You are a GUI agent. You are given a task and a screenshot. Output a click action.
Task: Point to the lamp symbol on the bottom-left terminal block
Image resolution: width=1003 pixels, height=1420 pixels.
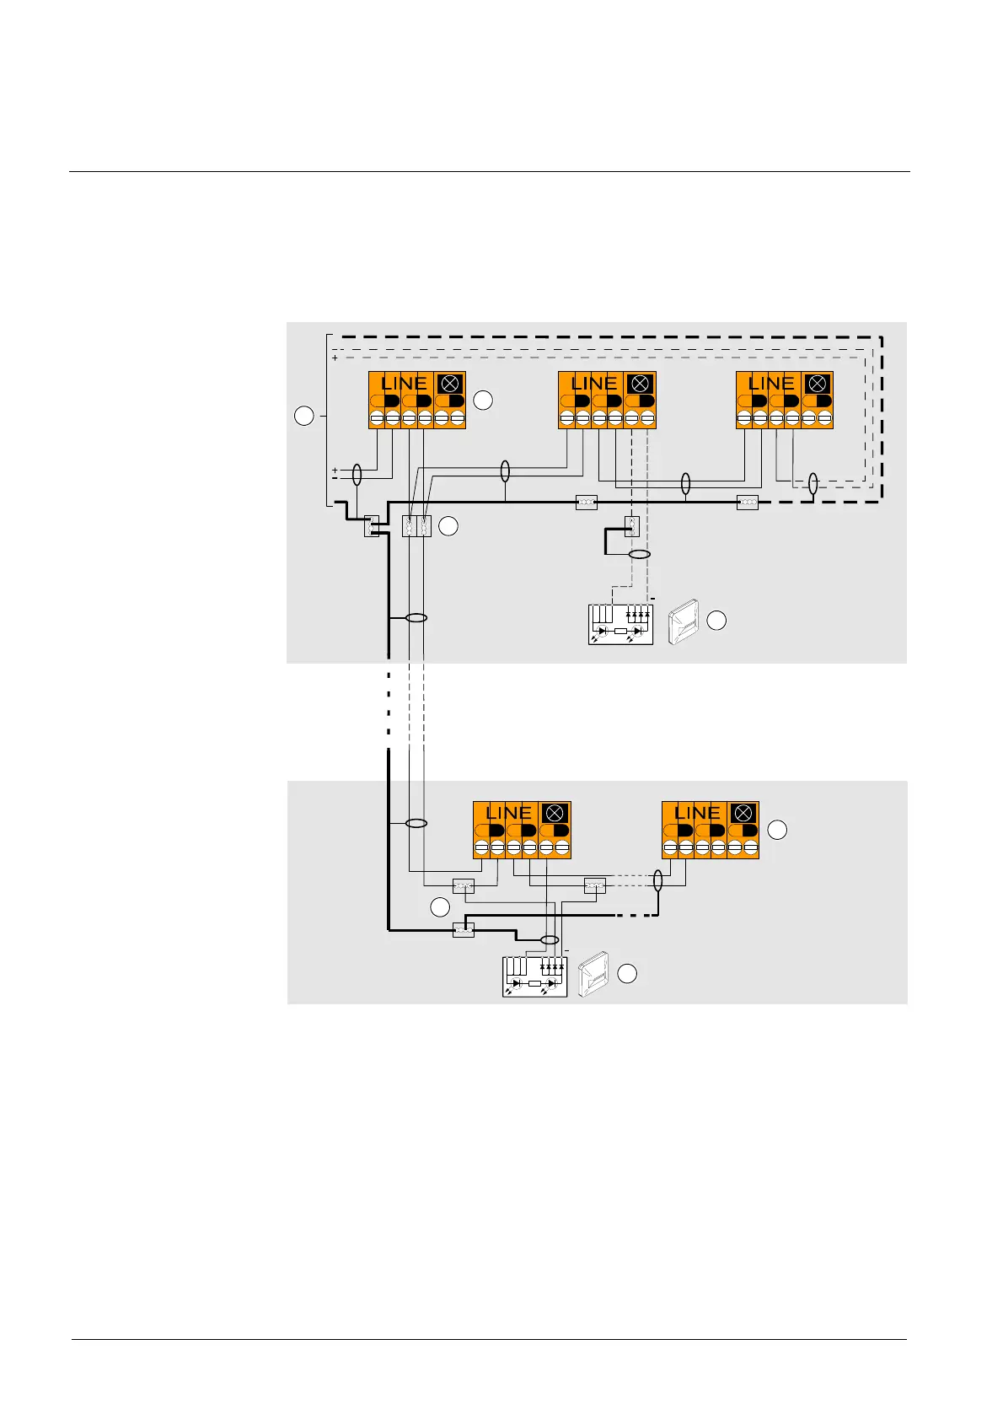point(555,813)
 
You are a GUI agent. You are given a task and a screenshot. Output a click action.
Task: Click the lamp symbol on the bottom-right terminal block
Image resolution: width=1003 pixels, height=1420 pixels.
point(743,813)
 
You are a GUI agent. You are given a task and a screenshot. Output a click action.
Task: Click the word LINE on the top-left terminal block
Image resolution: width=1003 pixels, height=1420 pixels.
point(404,383)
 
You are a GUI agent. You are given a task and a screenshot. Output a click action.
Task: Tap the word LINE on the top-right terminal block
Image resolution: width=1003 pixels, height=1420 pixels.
point(771,383)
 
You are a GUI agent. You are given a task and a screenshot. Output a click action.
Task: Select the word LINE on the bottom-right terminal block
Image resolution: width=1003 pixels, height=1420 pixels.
point(697,813)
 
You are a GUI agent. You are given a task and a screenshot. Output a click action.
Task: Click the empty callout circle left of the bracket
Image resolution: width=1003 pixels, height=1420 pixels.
point(303,415)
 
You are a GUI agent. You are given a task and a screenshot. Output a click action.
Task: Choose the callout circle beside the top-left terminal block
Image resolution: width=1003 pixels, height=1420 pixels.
point(483,401)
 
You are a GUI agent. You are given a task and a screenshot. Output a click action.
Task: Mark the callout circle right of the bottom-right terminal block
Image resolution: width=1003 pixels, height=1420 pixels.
point(777,829)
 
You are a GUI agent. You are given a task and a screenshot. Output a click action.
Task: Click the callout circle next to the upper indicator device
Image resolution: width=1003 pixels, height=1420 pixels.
point(716,621)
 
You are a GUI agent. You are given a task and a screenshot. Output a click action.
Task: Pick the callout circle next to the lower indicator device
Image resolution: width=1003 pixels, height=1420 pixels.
point(627,974)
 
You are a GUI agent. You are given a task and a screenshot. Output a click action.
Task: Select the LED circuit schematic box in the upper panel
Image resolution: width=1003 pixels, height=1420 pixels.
point(620,625)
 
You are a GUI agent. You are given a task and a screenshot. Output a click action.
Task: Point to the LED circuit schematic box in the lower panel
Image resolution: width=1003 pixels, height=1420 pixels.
point(535,977)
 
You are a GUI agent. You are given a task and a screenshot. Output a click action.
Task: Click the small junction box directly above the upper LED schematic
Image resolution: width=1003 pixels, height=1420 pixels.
point(631,526)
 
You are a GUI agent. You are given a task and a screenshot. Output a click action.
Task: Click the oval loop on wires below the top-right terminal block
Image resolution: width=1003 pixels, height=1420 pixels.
point(813,484)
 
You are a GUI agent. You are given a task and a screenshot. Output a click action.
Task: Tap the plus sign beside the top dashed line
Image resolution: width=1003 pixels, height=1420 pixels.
point(335,358)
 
